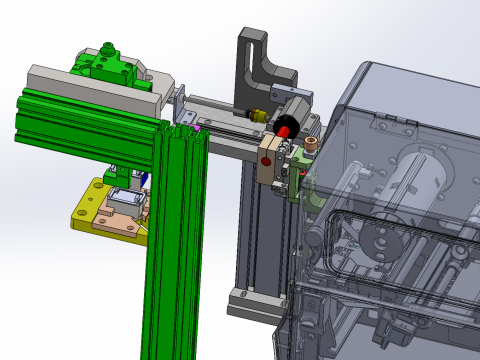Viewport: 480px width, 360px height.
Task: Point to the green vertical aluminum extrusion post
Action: [x=175, y=250]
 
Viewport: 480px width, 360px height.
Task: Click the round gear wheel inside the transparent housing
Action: [x=377, y=241]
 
